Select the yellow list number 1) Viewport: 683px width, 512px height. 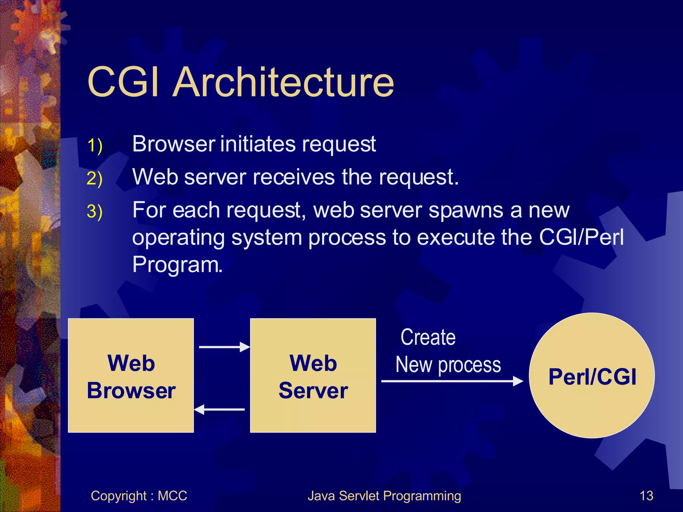[x=94, y=146]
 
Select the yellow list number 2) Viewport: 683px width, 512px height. [x=94, y=178]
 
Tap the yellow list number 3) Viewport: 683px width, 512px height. [x=94, y=211]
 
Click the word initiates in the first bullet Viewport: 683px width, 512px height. [x=258, y=144]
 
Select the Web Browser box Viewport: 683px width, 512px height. [x=131, y=376]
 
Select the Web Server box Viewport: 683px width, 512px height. [x=313, y=376]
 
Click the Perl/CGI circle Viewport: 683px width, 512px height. [x=592, y=376]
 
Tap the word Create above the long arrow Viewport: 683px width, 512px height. [x=428, y=337]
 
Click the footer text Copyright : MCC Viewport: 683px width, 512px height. [x=139, y=496]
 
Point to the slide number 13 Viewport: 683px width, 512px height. [x=646, y=496]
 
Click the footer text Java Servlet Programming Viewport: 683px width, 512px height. [x=384, y=496]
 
